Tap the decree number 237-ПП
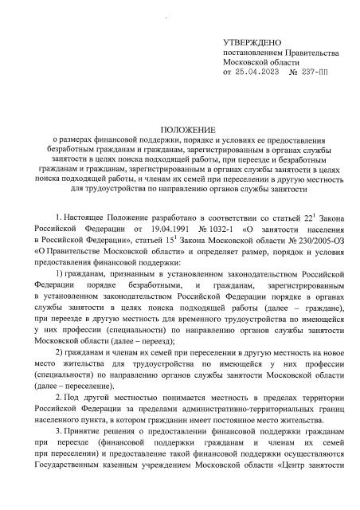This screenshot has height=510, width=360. click(x=319, y=72)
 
